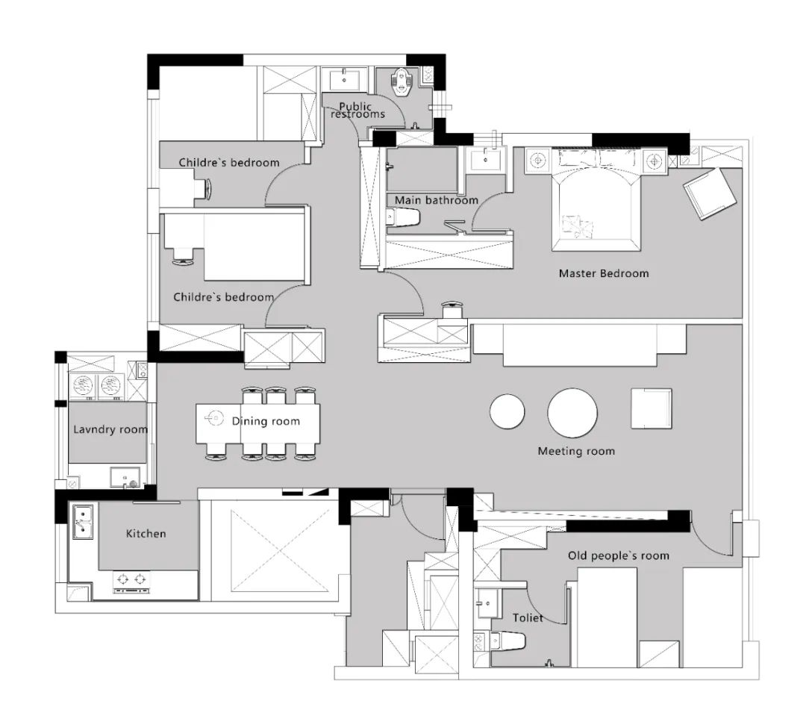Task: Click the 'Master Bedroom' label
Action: click(x=604, y=273)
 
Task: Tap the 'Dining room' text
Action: click(x=266, y=421)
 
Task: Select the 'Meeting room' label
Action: click(x=576, y=451)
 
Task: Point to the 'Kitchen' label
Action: click(x=146, y=533)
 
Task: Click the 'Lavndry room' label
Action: click(x=110, y=429)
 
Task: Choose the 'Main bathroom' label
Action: click(x=437, y=200)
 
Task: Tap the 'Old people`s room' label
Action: click(x=619, y=555)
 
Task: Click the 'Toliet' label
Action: click(x=528, y=617)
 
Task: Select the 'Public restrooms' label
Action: click(x=357, y=110)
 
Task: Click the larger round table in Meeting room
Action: click(x=572, y=413)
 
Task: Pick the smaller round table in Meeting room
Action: click(x=507, y=411)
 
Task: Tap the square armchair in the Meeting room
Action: click(x=652, y=408)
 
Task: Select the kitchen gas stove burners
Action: click(x=131, y=581)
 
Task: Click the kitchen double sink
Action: click(x=82, y=522)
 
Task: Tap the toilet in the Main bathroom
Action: click(x=402, y=217)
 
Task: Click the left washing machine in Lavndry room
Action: click(x=82, y=385)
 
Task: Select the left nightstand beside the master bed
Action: click(x=538, y=161)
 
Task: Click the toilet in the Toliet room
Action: click(x=508, y=641)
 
